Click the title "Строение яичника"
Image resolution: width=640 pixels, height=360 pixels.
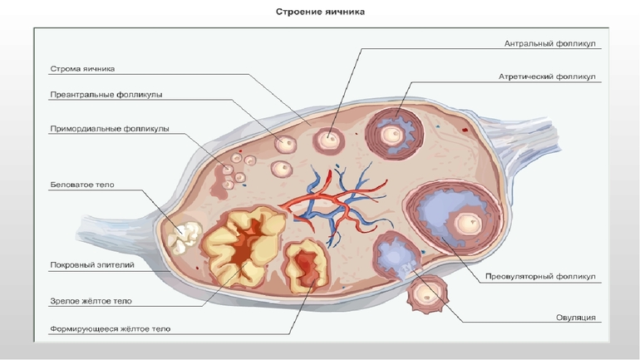point(320,12)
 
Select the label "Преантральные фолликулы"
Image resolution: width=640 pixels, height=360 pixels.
point(106,95)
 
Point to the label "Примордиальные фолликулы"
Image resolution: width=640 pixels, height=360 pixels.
point(109,129)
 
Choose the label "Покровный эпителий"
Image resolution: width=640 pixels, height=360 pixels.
point(91,265)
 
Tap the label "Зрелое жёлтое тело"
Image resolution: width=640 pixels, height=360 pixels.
point(91,301)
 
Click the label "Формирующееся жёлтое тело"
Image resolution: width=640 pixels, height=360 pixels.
point(110,329)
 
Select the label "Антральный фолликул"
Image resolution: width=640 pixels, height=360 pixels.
point(551,42)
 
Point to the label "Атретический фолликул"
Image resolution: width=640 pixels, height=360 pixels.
point(548,76)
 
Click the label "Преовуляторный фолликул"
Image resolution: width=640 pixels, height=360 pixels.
point(541,275)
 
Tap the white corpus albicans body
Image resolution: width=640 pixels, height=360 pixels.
point(183,236)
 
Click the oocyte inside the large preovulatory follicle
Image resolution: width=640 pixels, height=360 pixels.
point(466,224)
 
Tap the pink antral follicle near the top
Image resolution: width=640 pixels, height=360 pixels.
point(328,140)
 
